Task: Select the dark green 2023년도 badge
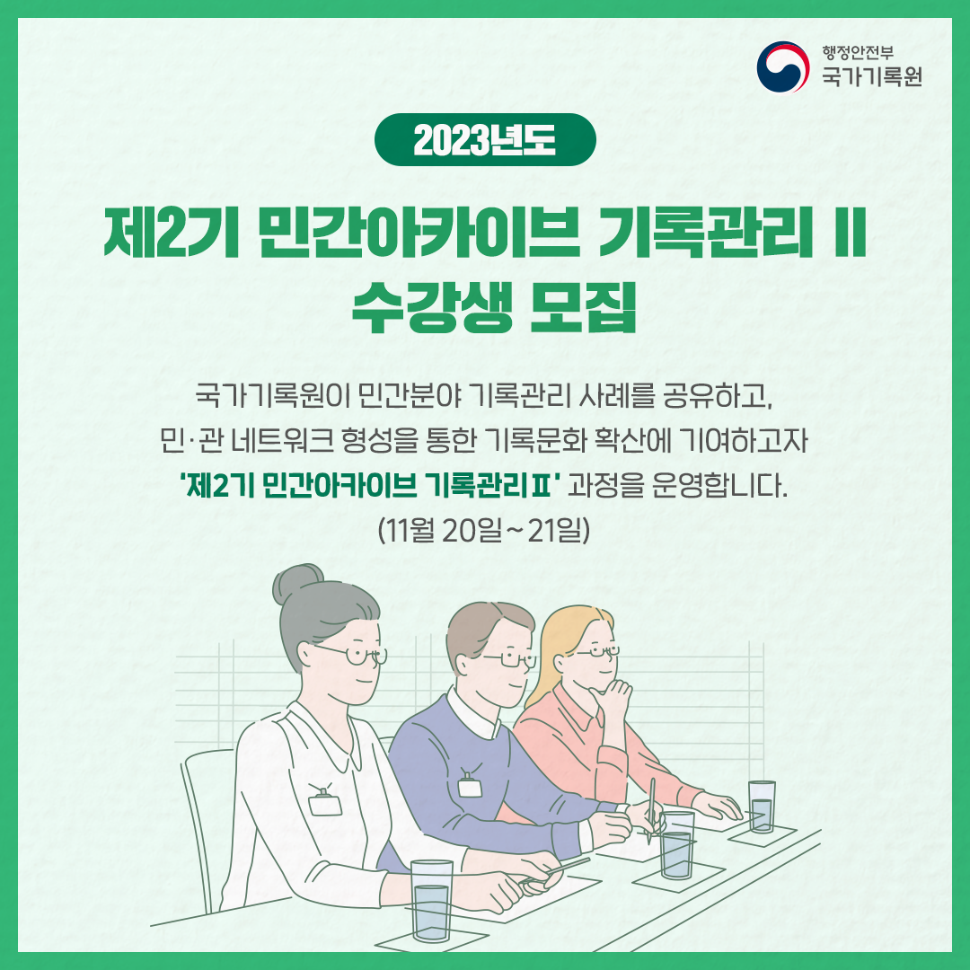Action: tap(485, 139)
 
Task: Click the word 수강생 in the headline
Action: tap(422, 307)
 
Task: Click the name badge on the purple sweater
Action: tap(471, 785)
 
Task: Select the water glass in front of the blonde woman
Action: tap(762, 805)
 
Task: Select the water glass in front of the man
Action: tap(677, 844)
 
